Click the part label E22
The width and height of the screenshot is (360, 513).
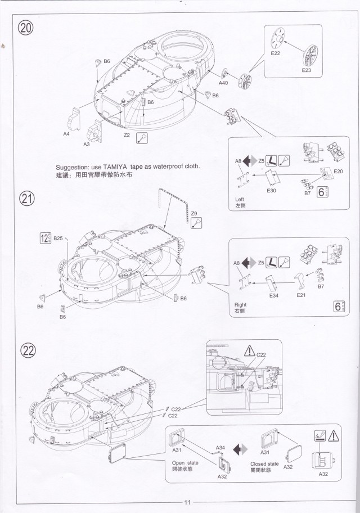point(276,52)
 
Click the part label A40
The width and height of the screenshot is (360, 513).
point(223,83)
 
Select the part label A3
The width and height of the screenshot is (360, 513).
point(87,144)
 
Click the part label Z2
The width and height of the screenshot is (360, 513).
point(127,135)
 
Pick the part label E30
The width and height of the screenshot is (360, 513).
point(271,191)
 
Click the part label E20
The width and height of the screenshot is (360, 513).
point(338,171)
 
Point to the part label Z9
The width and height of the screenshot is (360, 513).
point(194,213)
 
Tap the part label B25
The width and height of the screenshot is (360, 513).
point(58,238)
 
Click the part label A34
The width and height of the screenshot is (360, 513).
point(220,448)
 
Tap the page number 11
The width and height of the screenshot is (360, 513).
point(188,502)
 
